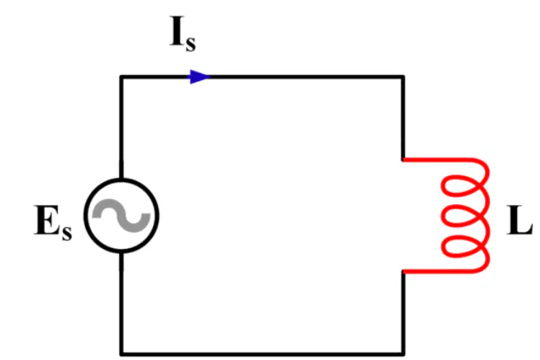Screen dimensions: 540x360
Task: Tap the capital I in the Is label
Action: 177,31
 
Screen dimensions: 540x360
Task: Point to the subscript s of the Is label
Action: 191,44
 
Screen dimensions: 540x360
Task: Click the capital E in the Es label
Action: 48,220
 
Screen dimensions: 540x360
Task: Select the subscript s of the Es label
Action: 67,232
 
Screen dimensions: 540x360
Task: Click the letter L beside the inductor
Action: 520,220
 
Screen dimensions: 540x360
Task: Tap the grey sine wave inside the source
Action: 121,216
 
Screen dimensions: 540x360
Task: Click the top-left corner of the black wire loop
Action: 121,76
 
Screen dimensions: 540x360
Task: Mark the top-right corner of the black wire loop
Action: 403,76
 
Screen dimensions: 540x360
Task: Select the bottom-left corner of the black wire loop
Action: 121,354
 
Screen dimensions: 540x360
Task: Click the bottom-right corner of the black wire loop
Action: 403,354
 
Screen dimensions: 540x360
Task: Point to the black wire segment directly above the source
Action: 121,127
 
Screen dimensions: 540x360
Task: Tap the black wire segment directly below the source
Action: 121,304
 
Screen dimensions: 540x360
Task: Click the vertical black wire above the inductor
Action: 403,118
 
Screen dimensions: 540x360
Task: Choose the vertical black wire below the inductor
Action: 403,312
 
